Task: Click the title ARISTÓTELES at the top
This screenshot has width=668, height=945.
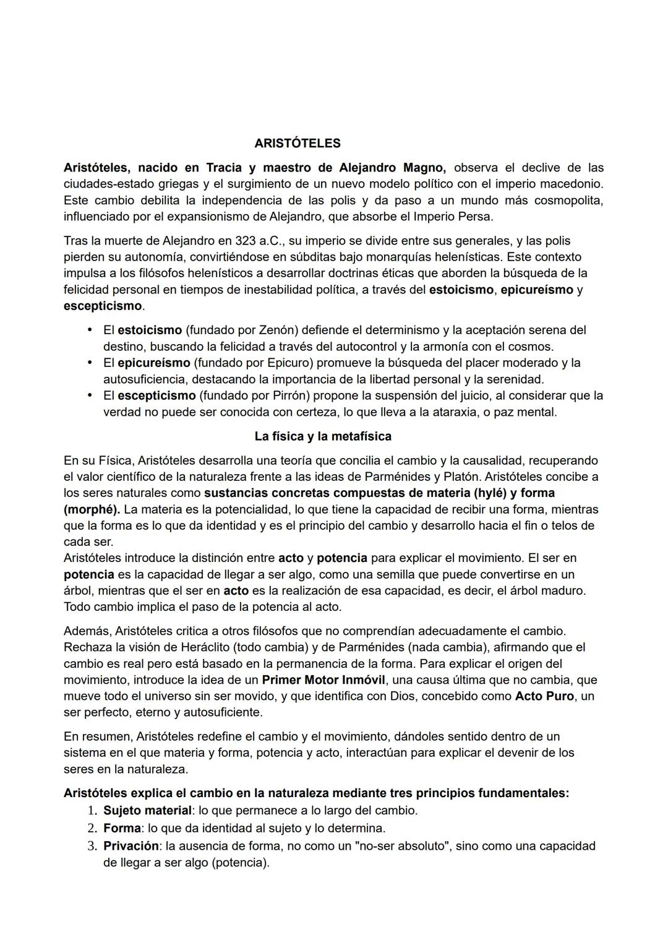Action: [297, 144]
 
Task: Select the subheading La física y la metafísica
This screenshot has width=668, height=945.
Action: [323, 436]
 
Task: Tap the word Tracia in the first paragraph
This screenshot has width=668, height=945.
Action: [224, 168]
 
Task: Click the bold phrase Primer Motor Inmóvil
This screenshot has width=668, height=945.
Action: [323, 680]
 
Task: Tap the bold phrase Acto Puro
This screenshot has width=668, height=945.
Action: [544, 696]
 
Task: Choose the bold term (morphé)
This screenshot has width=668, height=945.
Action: [92, 510]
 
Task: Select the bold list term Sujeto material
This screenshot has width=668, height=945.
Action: [147, 810]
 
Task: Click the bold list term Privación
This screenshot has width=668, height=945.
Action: [131, 846]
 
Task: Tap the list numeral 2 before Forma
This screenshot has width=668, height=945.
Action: [91, 828]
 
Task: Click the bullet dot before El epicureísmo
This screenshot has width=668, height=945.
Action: [90, 363]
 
